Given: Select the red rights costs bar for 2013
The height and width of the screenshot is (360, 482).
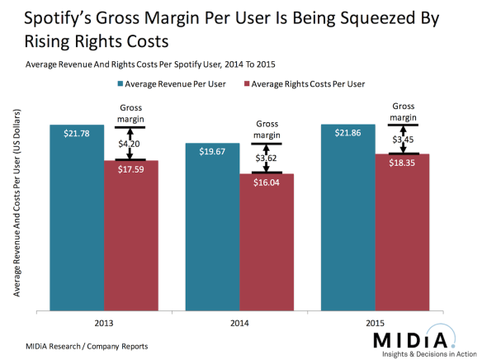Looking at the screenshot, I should (130, 239).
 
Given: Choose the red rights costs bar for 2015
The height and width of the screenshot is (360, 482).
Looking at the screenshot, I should (402, 235).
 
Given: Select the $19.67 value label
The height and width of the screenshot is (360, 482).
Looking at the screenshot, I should (211, 152).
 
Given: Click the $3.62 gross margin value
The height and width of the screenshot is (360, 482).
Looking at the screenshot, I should (267, 157).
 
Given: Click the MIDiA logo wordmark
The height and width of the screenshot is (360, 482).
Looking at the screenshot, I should (409, 339).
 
